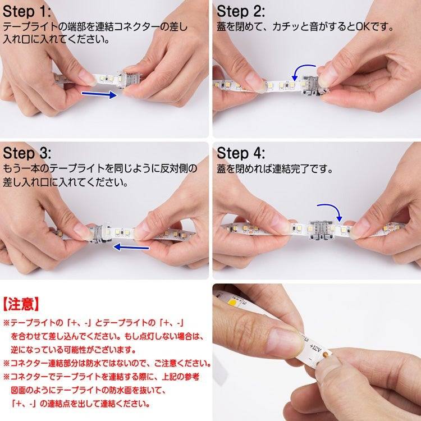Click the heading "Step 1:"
coord(26,12)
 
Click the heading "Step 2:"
coord(241,12)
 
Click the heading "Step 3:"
coord(27,153)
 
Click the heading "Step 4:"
coord(241,153)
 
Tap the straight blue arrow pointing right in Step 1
coord(99,94)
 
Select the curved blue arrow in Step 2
coord(300,69)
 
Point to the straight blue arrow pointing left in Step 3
coord(131,247)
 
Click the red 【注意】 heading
coord(21,304)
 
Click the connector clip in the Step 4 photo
coord(322,230)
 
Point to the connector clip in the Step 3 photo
coord(100,234)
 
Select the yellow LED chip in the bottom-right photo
coord(232,302)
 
